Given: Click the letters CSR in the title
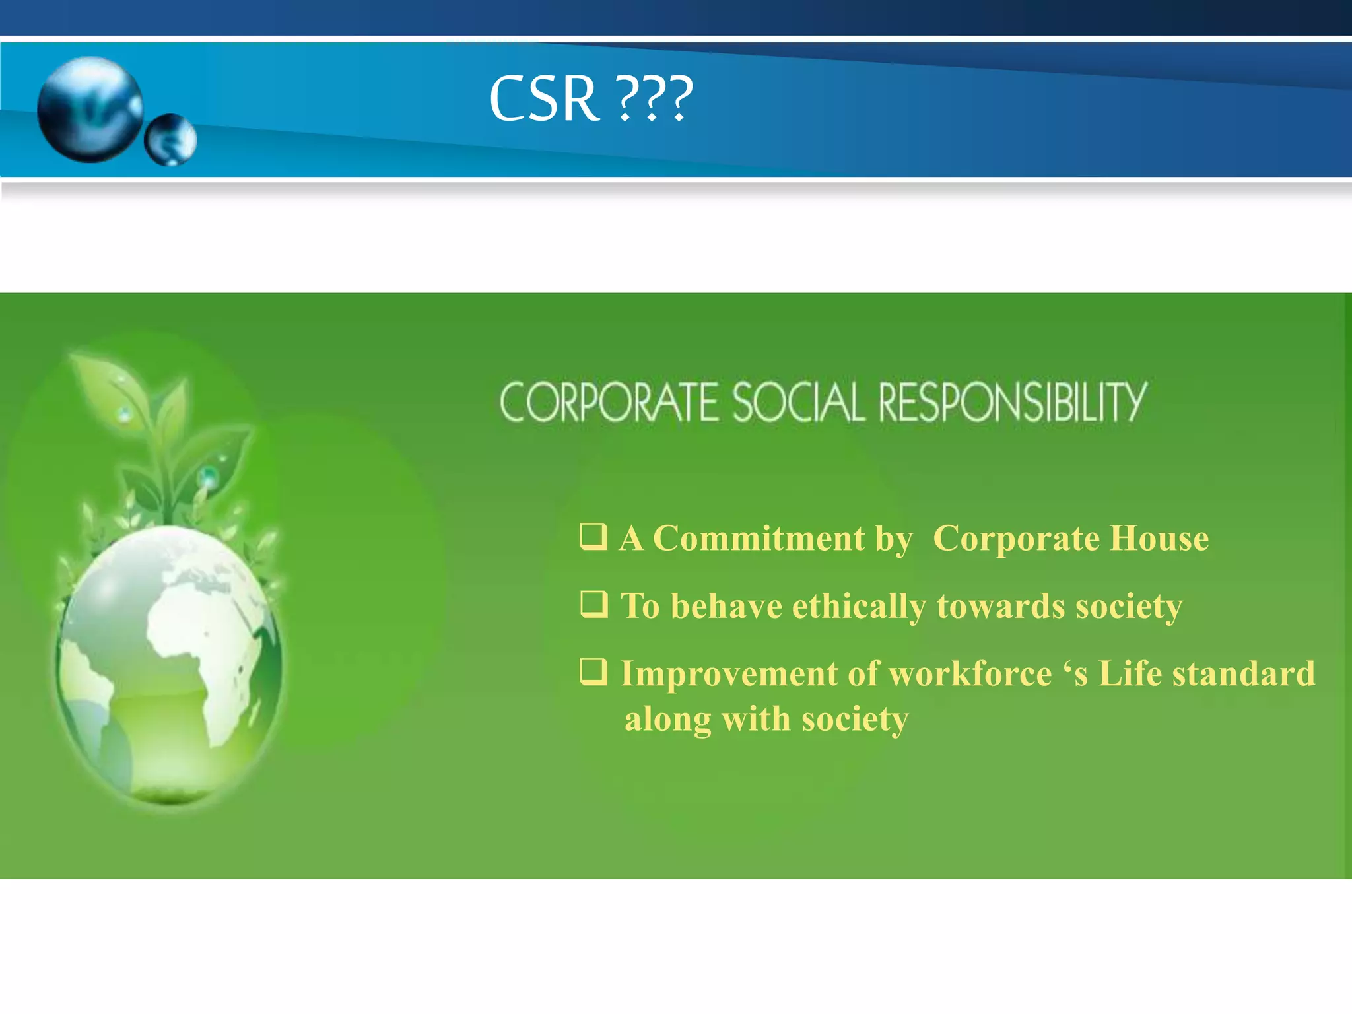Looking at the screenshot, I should click(x=545, y=99).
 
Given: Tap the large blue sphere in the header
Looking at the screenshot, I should click(x=90, y=109).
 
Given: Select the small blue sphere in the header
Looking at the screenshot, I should click(x=170, y=139).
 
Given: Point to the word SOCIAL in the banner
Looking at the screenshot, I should click(x=798, y=402).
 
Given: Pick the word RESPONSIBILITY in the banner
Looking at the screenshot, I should click(x=1013, y=402).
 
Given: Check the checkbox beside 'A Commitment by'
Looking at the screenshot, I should click(x=593, y=537).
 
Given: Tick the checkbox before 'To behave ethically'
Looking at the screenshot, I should click(x=593, y=604).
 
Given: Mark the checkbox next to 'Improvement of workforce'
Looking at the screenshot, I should click(x=593, y=672).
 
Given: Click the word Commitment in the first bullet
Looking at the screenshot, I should click(x=759, y=539).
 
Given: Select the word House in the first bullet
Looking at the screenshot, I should click(x=1159, y=539).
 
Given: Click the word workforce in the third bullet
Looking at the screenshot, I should click(x=970, y=674).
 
